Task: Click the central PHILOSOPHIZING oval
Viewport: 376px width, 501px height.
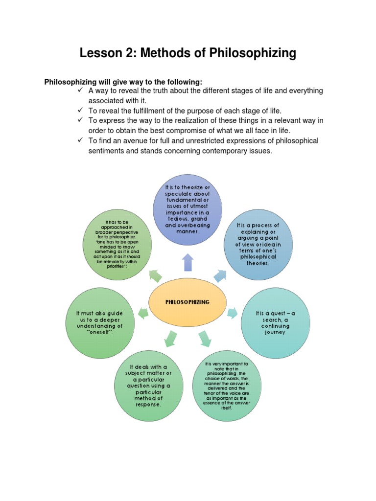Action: [187, 302]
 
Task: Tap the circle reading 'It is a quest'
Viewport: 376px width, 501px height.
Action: [276, 322]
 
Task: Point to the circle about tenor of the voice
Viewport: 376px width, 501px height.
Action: [227, 386]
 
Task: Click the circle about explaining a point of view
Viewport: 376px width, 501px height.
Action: [258, 244]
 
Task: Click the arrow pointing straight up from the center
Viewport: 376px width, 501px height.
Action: [188, 262]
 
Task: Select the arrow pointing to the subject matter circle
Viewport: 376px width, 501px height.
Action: [170, 338]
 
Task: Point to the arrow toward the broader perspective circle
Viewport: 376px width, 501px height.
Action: [155, 276]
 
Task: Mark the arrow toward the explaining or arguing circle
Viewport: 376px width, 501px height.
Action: [220, 276]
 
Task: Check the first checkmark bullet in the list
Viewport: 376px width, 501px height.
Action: [80, 91]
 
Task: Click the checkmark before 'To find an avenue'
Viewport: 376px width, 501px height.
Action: [80, 140]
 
